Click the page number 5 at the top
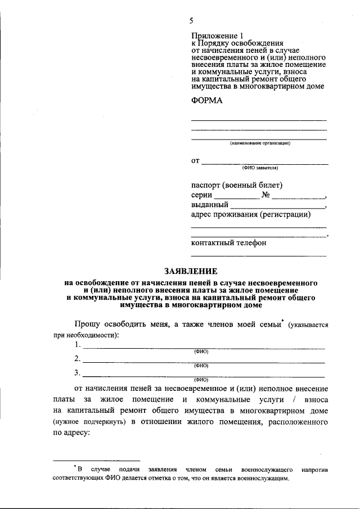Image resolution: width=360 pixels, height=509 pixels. pyautogui.click(x=191, y=21)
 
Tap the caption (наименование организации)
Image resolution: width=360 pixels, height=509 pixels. pyautogui.click(x=259, y=143)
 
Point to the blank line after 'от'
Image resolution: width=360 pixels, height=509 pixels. pyautogui.click(x=264, y=163)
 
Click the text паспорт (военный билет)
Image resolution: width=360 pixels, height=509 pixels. pyautogui.click(x=237, y=185)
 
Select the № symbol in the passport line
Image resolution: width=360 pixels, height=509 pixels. pyautogui.click(x=267, y=195)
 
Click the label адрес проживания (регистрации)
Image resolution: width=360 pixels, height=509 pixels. pyautogui.click(x=251, y=214)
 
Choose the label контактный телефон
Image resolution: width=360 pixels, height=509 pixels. pyautogui.click(x=229, y=243)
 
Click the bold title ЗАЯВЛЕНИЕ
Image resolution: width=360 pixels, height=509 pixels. pyautogui.click(x=190, y=271)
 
